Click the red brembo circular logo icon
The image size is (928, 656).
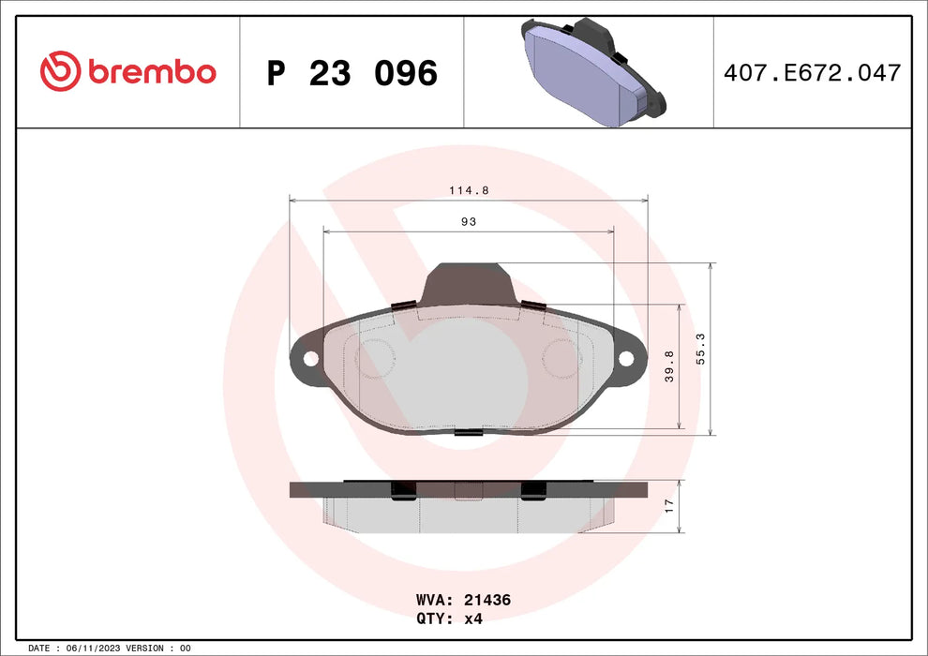tap(60, 70)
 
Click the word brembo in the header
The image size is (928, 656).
tap(152, 71)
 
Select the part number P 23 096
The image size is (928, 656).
tap(352, 73)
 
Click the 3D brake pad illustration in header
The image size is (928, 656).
tap(589, 73)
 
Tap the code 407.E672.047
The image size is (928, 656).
tap(813, 73)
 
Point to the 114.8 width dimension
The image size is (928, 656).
tap(469, 189)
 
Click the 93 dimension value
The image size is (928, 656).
tap(469, 221)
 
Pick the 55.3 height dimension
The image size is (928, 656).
tap(700, 349)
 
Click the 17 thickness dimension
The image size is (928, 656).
tap(668, 504)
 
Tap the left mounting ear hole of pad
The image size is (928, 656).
tap(308, 357)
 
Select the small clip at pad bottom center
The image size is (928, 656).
tap(468, 431)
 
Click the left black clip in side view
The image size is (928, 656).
tap(403, 490)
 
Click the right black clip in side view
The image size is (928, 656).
tap(533, 490)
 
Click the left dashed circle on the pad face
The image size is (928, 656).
tap(376, 357)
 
